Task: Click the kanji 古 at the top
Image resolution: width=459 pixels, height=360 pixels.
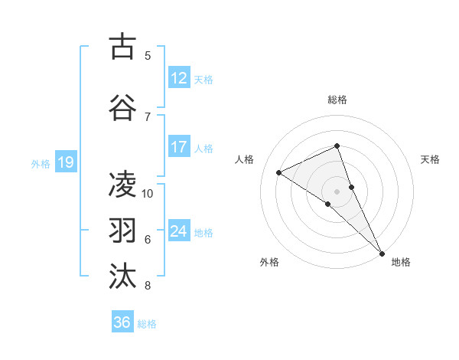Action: [x=123, y=47]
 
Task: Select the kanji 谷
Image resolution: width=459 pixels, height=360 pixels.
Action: [x=123, y=107]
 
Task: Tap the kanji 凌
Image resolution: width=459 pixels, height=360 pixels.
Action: [x=123, y=185]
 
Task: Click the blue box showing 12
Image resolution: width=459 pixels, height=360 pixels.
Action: [x=178, y=78]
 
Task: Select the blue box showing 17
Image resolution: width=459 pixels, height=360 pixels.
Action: [x=178, y=147]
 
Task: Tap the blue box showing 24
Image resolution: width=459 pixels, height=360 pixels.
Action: [x=178, y=231]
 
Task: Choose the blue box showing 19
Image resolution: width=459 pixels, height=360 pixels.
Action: [x=65, y=162]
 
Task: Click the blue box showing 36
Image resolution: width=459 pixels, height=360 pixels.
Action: [x=122, y=322]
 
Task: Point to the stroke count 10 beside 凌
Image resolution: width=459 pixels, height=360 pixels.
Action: [x=148, y=193]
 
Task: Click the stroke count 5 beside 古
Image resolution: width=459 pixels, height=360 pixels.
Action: [x=148, y=55]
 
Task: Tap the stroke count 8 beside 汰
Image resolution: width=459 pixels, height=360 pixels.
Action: [x=148, y=286]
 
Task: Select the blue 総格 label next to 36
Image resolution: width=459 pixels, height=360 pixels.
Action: [x=147, y=324]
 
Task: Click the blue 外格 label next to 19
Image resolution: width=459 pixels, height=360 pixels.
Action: [x=40, y=163]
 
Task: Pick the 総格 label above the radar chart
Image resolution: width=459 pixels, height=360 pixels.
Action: [x=337, y=100]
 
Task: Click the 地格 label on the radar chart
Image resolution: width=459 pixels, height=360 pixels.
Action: [x=401, y=262]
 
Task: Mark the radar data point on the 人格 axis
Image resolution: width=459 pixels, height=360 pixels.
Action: [x=279, y=172]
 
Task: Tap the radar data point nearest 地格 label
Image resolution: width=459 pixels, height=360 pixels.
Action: [x=381, y=252]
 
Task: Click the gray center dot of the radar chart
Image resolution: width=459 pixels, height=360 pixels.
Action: [x=337, y=190]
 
